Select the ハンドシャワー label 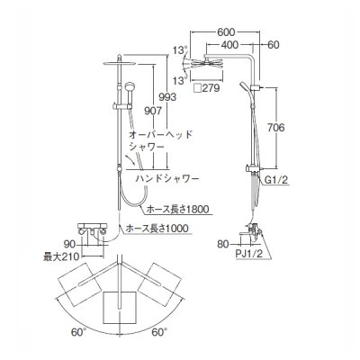pos(172,180)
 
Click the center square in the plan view pos(119,306)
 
